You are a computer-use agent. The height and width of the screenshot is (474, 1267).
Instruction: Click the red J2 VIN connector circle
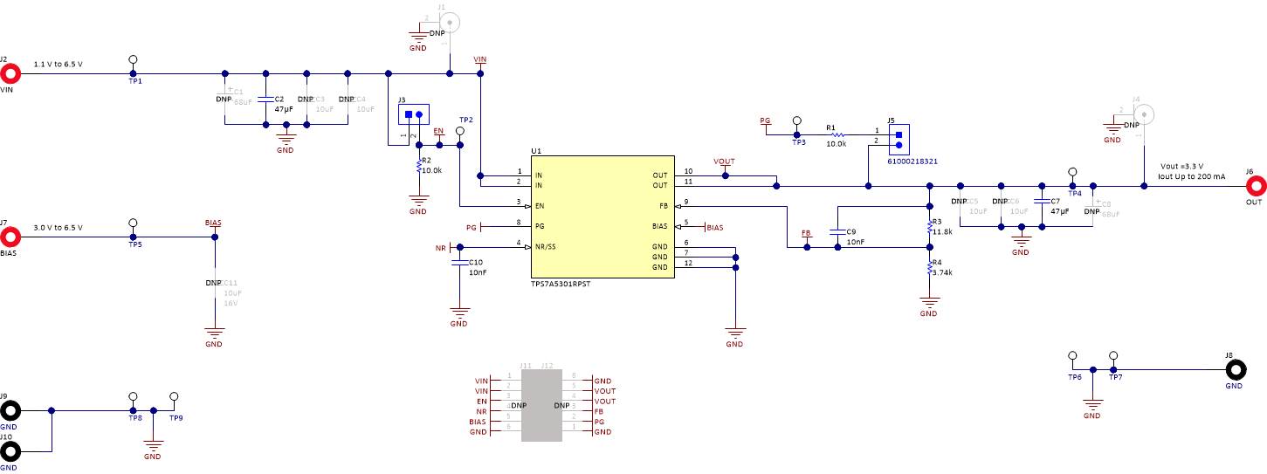[x=10, y=73]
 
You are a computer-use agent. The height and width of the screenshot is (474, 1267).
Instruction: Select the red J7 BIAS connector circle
[x=10, y=237]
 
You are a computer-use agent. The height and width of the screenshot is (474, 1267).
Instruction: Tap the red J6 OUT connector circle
[x=1256, y=186]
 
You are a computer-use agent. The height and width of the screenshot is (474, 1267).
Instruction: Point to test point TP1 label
[x=134, y=81]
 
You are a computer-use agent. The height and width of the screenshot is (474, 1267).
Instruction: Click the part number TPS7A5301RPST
[x=560, y=285]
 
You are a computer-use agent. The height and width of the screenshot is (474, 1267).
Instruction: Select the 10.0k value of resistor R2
[x=432, y=171]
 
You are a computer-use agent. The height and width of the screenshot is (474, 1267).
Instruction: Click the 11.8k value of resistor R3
[x=942, y=232]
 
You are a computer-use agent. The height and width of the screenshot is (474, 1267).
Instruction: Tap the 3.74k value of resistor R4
[x=942, y=272]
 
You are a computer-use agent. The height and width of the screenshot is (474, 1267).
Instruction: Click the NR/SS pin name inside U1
[x=546, y=246]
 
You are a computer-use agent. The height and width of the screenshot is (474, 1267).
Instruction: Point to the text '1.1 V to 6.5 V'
[x=59, y=65]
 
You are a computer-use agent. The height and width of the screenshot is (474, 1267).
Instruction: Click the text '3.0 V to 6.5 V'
[x=59, y=227]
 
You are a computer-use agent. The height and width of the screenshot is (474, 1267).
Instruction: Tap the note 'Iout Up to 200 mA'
[x=1191, y=176]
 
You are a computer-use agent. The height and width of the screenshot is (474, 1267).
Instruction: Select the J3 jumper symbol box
[x=413, y=114]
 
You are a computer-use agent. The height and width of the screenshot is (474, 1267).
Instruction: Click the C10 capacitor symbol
[x=458, y=261]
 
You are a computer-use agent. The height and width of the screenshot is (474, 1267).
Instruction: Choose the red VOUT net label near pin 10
[x=724, y=162]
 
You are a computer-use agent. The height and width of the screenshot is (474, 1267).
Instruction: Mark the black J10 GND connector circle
[x=10, y=451]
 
